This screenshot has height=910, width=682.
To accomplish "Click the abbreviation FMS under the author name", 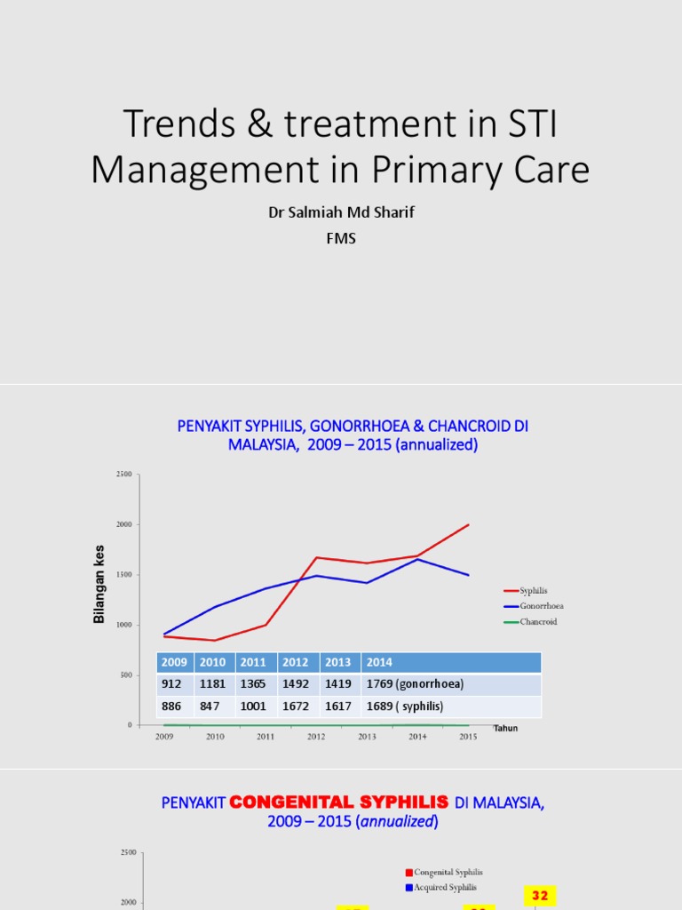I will click(341, 238).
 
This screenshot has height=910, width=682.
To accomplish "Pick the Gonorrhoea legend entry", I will click(542, 606).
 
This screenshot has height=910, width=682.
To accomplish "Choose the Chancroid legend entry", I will click(538, 622).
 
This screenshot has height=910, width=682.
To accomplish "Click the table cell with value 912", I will click(174, 684).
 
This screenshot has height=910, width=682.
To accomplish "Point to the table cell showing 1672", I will click(296, 706).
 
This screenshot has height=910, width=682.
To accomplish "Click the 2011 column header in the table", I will click(255, 662).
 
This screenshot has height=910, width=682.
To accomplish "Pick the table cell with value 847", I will click(213, 706).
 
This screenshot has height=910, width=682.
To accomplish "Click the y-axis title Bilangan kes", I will click(99, 584).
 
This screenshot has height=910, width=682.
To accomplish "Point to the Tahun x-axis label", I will click(505, 729).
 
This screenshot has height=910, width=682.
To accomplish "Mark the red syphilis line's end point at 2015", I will click(468, 525).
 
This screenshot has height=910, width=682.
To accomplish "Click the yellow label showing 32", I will click(540, 896).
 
